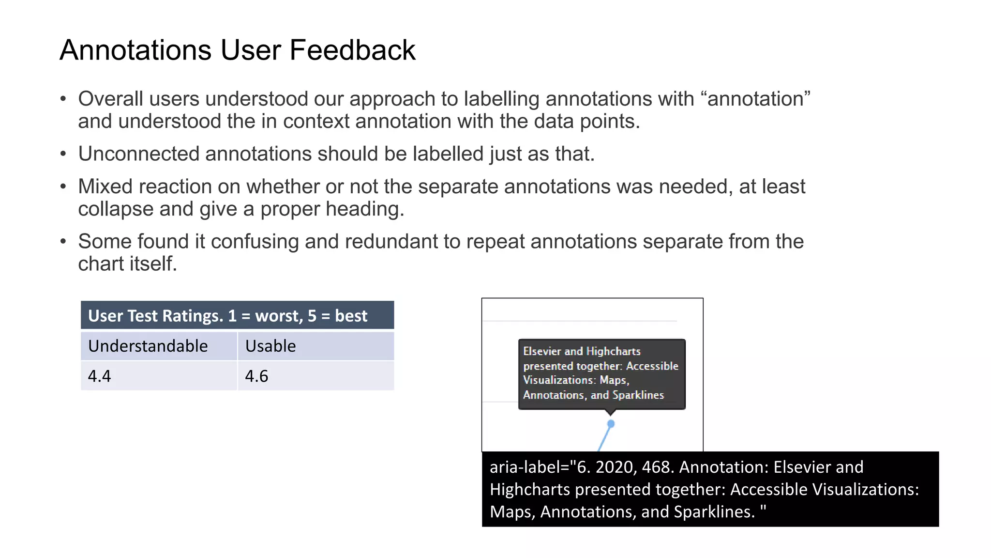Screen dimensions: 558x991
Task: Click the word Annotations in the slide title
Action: click(135, 50)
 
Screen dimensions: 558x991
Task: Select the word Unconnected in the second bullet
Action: click(138, 154)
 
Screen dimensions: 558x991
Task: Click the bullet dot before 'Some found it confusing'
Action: click(63, 241)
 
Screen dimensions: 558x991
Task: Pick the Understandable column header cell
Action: click(148, 346)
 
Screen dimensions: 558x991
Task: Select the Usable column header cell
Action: click(270, 346)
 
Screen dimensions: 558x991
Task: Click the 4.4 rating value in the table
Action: click(99, 376)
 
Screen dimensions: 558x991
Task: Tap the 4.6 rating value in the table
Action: click(256, 376)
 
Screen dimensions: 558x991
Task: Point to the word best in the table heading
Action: click(351, 316)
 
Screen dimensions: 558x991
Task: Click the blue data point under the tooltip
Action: click(611, 424)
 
